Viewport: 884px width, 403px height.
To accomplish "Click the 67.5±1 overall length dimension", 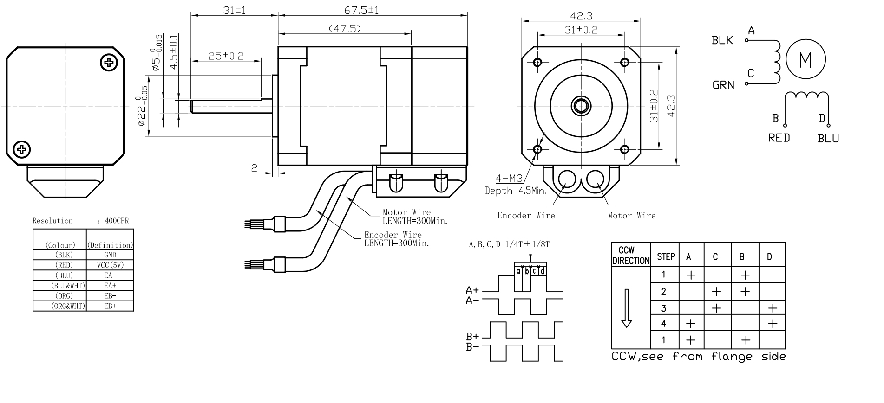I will pyautogui.click(x=361, y=10).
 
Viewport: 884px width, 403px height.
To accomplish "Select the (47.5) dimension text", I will pyautogui.click(x=345, y=29).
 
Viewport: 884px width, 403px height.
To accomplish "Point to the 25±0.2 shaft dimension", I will pyautogui.click(x=226, y=56).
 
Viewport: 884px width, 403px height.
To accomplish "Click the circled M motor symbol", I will pyautogui.click(x=805, y=59).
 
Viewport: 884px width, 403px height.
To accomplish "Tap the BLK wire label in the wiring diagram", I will pyautogui.click(x=722, y=41).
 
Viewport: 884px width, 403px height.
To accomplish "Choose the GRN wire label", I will pyautogui.click(x=723, y=85).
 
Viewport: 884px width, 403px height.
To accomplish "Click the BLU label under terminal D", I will pyautogui.click(x=828, y=139).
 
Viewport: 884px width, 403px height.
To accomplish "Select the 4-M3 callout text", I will pyautogui.click(x=509, y=178).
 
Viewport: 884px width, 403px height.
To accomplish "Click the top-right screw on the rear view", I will pyautogui.click(x=109, y=63).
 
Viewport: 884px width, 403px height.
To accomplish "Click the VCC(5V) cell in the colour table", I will pyautogui.click(x=111, y=265).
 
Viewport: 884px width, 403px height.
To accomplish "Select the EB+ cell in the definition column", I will pyautogui.click(x=111, y=306).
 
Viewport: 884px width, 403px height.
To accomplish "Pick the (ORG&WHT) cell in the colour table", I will pyautogui.click(x=59, y=306).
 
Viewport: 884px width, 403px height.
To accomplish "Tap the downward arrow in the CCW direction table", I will pyautogui.click(x=627, y=308).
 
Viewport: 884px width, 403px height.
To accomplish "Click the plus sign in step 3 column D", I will pyautogui.click(x=773, y=308).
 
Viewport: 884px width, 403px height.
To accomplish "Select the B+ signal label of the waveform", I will pyautogui.click(x=472, y=337).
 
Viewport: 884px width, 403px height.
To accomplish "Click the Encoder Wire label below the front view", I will pyautogui.click(x=526, y=216).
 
